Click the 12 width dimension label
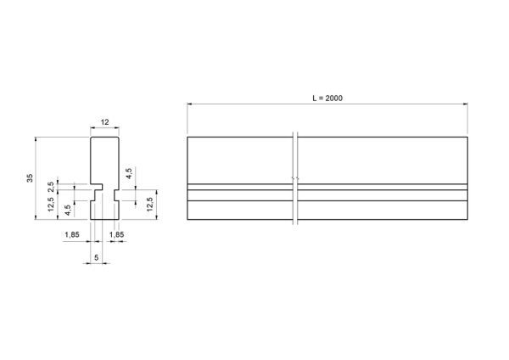click(x=105, y=122)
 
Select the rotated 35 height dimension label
click(x=30, y=177)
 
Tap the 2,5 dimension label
click(x=51, y=187)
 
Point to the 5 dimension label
click(x=97, y=257)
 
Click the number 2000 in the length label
click(x=333, y=98)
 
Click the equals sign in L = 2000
click(x=321, y=98)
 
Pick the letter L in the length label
click(x=315, y=98)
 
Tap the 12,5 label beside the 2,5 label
click(x=51, y=205)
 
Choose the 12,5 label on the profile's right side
click(x=149, y=205)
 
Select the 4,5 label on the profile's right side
click(x=129, y=173)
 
